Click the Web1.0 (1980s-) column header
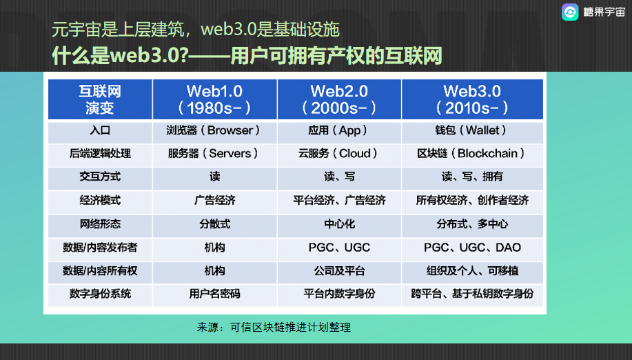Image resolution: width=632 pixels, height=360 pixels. coord(214,99)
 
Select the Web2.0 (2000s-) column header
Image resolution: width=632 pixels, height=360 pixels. coord(339,99)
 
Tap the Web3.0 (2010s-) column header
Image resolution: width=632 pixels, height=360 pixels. coord(472,99)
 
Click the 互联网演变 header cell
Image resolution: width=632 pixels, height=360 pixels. coord(100,99)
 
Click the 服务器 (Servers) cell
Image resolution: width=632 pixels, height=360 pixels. coord(214,154)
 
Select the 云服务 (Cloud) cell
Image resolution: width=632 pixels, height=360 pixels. coord(339,154)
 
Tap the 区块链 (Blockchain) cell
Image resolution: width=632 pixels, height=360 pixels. coord(472,154)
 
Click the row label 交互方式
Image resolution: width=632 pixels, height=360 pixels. coord(100,177)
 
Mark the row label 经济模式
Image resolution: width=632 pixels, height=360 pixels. coord(100,201)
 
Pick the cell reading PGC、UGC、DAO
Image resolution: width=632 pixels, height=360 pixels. coord(472,248)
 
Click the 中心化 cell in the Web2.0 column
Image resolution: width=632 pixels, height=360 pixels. coord(339,224)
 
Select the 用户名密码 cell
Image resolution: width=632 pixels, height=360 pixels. coord(214,294)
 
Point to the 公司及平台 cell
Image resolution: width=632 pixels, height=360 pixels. coord(339,271)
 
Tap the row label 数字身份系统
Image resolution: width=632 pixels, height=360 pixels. coord(100,294)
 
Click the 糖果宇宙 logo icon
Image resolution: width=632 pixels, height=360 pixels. coord(570,12)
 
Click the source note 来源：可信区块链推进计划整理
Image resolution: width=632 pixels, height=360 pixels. coord(274,327)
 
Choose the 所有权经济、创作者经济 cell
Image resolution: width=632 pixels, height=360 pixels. coord(472,201)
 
